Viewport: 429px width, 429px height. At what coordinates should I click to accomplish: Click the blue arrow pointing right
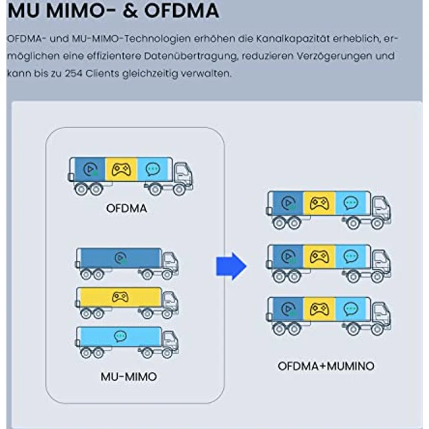231,266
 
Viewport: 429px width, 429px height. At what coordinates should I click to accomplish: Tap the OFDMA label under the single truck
126,208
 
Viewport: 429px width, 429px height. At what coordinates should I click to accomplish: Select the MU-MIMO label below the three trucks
128,377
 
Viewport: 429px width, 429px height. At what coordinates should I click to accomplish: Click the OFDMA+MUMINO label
325,366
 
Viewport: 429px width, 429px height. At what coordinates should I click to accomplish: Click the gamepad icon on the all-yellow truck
121,297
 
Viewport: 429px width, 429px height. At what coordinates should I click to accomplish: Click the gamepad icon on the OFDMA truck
121,169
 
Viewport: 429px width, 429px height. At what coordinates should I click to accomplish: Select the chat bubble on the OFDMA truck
152,169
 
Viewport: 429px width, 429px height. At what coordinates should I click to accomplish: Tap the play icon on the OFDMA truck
90,169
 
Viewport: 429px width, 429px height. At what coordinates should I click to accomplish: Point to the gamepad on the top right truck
319,203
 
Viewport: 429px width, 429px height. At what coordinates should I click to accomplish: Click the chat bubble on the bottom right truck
350,308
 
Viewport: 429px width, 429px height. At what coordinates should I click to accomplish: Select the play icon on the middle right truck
288,256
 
